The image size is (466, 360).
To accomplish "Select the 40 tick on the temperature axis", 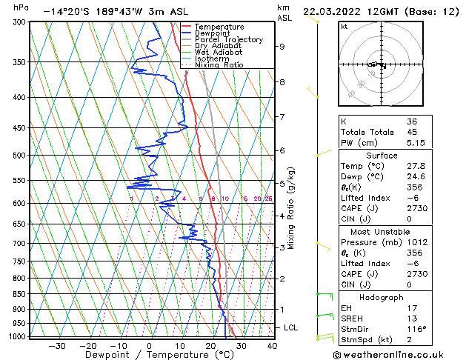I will tap(272, 345).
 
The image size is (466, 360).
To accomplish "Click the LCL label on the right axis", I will tap(292, 327).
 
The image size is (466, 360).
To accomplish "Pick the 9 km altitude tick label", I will tap(282, 47).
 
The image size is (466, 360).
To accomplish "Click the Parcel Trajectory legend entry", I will tap(228, 39).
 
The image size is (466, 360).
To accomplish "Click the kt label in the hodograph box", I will tap(344, 27).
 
